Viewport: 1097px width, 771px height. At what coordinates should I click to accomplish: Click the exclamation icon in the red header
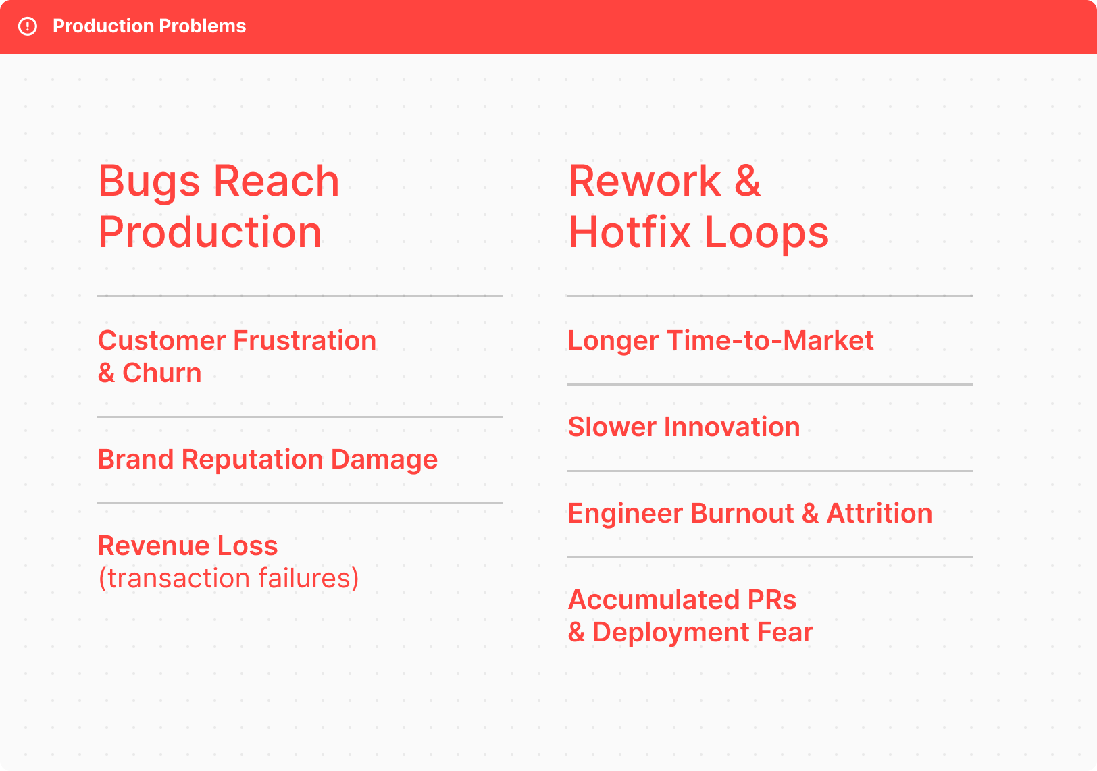pos(28,26)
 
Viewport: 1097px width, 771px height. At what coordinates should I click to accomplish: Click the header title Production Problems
pos(149,26)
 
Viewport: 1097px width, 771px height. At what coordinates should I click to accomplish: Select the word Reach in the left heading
pos(276,181)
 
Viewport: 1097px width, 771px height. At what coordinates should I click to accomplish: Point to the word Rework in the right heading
pos(644,181)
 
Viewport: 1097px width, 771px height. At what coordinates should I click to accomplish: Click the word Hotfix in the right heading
pos(630,232)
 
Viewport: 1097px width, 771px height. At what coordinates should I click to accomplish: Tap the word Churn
pos(161,373)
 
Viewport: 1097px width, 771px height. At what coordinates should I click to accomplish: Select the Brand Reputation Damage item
pos(267,460)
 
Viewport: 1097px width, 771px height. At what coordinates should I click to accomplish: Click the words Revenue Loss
pos(188,546)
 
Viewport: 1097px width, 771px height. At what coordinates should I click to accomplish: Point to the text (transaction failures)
pos(229,578)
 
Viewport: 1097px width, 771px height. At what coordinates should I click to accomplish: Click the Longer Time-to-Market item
pos(721,340)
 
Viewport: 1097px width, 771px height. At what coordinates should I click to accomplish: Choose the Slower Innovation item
pos(684,427)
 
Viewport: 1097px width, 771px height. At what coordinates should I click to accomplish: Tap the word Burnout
pos(742,513)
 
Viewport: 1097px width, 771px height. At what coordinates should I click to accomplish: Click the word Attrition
pos(879,513)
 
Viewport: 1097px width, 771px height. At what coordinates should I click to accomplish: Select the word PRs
pos(772,600)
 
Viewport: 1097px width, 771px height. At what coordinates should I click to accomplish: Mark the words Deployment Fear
pos(703,632)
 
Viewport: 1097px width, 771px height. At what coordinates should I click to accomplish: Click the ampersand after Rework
pos(748,181)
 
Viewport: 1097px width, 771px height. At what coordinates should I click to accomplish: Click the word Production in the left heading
pos(209,232)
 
